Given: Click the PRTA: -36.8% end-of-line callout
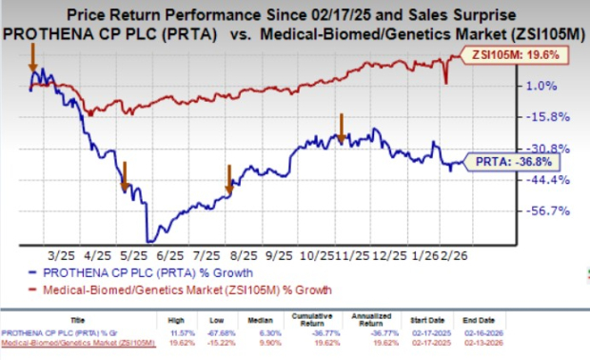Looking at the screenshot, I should click(x=517, y=163).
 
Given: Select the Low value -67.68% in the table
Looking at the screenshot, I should click(x=246, y=332).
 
